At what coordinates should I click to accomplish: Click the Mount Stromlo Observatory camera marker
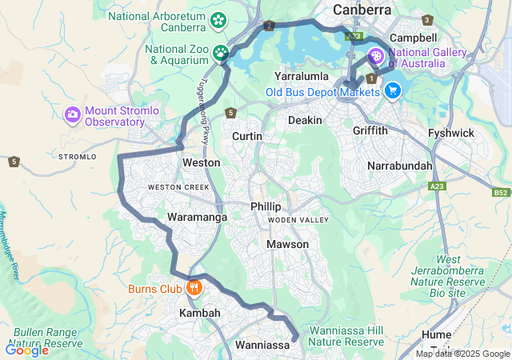click(x=73, y=115)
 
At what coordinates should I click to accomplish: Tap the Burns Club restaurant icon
click(x=193, y=288)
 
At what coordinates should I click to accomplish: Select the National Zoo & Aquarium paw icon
click(x=220, y=54)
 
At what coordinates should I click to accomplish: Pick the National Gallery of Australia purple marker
click(x=376, y=57)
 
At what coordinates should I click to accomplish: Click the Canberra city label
click(x=362, y=10)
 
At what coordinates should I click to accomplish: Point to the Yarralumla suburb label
click(x=302, y=76)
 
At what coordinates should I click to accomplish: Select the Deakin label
click(x=305, y=120)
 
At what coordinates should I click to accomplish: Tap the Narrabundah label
click(x=399, y=166)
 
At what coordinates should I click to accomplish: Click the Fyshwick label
click(x=450, y=133)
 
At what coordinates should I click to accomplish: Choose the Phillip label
click(x=266, y=206)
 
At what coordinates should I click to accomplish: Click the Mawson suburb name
click(x=287, y=244)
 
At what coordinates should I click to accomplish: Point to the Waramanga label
click(x=197, y=217)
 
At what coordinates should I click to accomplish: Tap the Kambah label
click(x=199, y=313)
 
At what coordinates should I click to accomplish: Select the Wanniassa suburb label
click(x=262, y=346)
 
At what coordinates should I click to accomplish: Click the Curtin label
click(x=246, y=137)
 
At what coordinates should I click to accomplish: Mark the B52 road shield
click(x=500, y=193)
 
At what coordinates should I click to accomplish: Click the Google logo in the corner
click(x=26, y=350)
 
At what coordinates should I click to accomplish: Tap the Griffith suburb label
click(x=370, y=130)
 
